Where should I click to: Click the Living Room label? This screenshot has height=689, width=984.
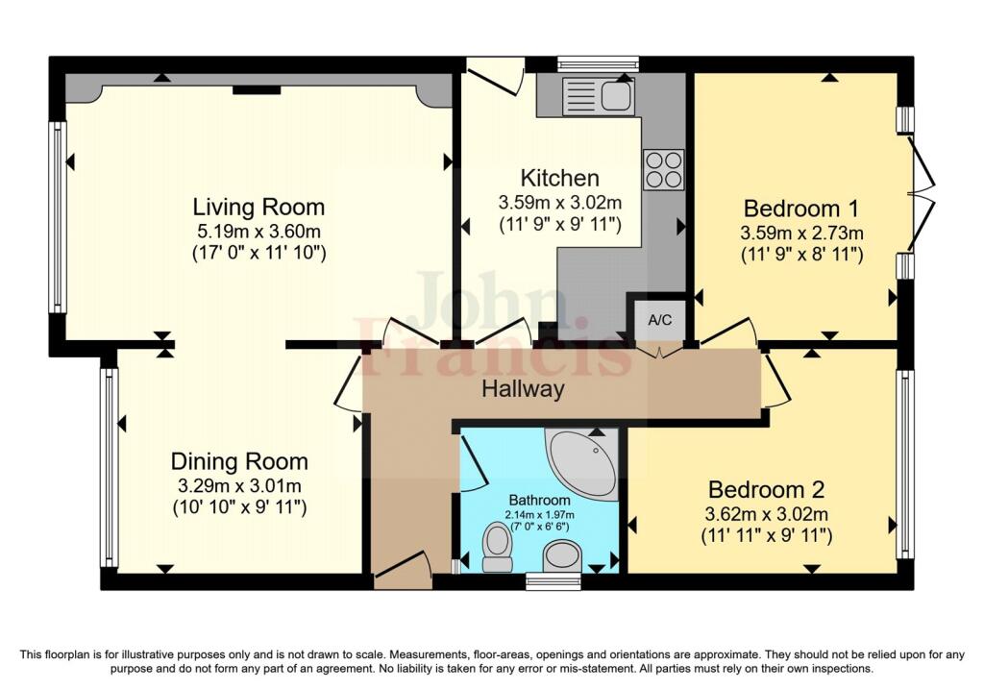258,207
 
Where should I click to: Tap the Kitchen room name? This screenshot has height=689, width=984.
560,178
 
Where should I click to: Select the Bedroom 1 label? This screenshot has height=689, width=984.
801,209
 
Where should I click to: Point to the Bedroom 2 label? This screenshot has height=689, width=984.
766,489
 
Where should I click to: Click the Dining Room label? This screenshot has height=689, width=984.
239,462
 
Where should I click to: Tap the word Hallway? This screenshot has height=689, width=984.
523,389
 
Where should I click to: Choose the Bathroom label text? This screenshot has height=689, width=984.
540,500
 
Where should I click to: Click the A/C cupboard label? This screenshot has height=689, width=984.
659,320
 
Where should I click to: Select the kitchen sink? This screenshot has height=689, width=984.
599,96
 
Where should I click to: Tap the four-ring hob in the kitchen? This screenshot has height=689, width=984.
663,169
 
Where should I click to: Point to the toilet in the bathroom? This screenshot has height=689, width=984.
498,548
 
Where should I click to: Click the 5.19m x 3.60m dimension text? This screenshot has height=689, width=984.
259,231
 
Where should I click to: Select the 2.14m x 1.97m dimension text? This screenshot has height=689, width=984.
540,514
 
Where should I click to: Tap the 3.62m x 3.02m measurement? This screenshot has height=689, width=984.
767,514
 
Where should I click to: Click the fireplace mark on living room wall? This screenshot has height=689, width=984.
257,90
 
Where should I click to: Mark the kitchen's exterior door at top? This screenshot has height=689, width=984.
496,76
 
